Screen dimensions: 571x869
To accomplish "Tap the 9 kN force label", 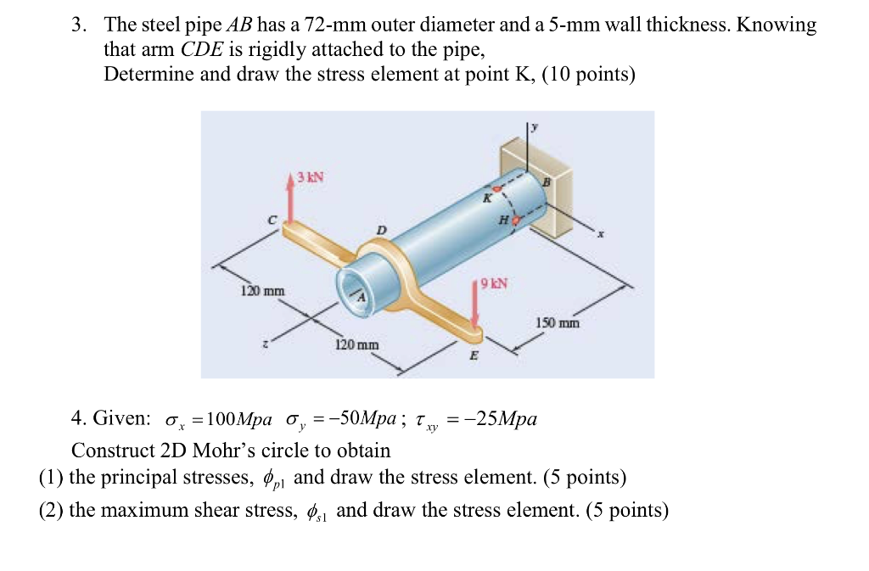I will pos(494,283).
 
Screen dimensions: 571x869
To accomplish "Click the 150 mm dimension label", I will pos(558,322).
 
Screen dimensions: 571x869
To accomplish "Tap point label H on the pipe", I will pos(504,219).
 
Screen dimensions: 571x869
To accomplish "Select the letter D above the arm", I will pos(381,230).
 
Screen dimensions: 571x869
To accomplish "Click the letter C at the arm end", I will pos(272,219).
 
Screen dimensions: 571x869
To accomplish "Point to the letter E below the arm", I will pos(474,356).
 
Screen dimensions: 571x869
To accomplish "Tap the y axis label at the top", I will pos(535,127).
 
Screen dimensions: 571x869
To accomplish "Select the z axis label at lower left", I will pos(266,344).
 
